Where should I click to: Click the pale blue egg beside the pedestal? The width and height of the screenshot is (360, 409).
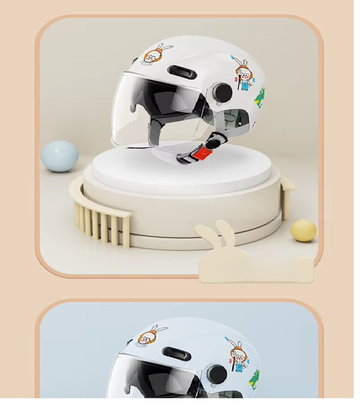click(x=60, y=156)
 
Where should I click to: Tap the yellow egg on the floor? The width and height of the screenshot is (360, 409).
click(x=304, y=231)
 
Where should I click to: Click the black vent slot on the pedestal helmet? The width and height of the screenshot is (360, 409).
click(x=182, y=72)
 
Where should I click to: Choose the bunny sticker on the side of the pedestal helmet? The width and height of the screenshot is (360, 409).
click(x=244, y=75)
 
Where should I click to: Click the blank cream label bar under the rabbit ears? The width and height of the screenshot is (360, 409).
click(x=256, y=270)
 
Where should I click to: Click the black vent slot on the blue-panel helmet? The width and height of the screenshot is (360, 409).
click(x=176, y=354)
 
